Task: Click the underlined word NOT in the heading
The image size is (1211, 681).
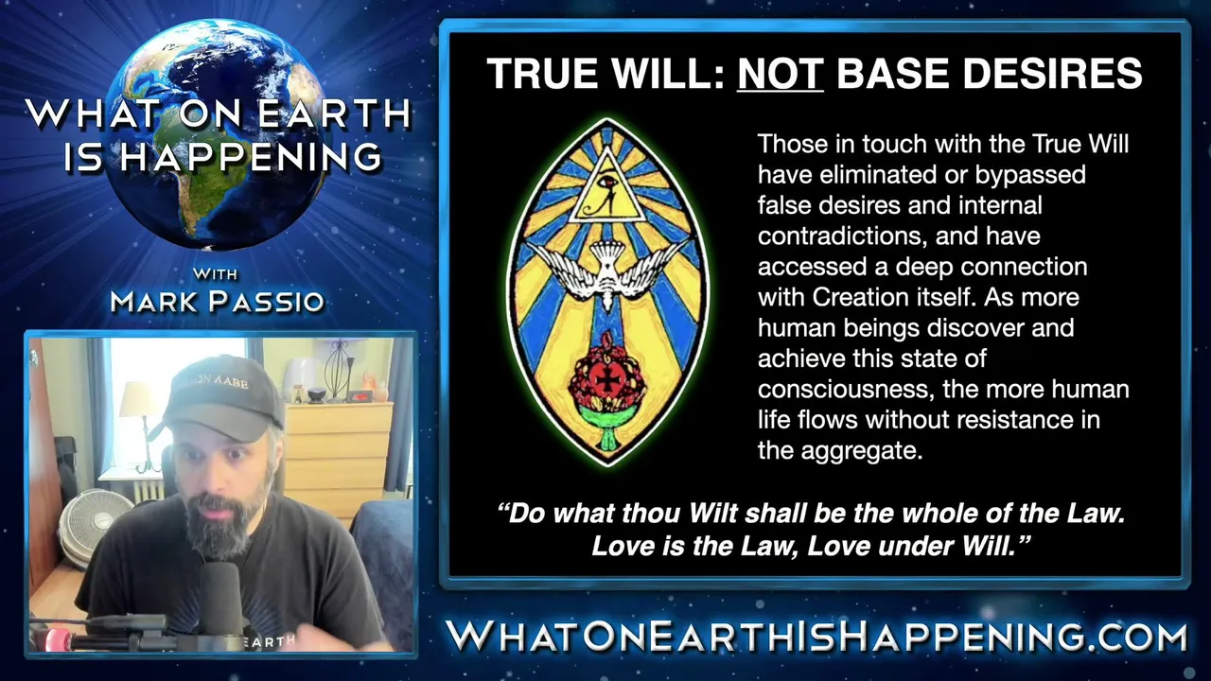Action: point(781,73)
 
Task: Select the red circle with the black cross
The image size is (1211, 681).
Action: point(607,381)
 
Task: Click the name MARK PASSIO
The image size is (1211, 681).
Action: point(218,301)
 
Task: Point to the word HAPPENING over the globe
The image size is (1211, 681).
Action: point(250,157)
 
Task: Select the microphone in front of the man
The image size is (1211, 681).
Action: point(219,597)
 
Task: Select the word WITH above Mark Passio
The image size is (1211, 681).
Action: point(215,274)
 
